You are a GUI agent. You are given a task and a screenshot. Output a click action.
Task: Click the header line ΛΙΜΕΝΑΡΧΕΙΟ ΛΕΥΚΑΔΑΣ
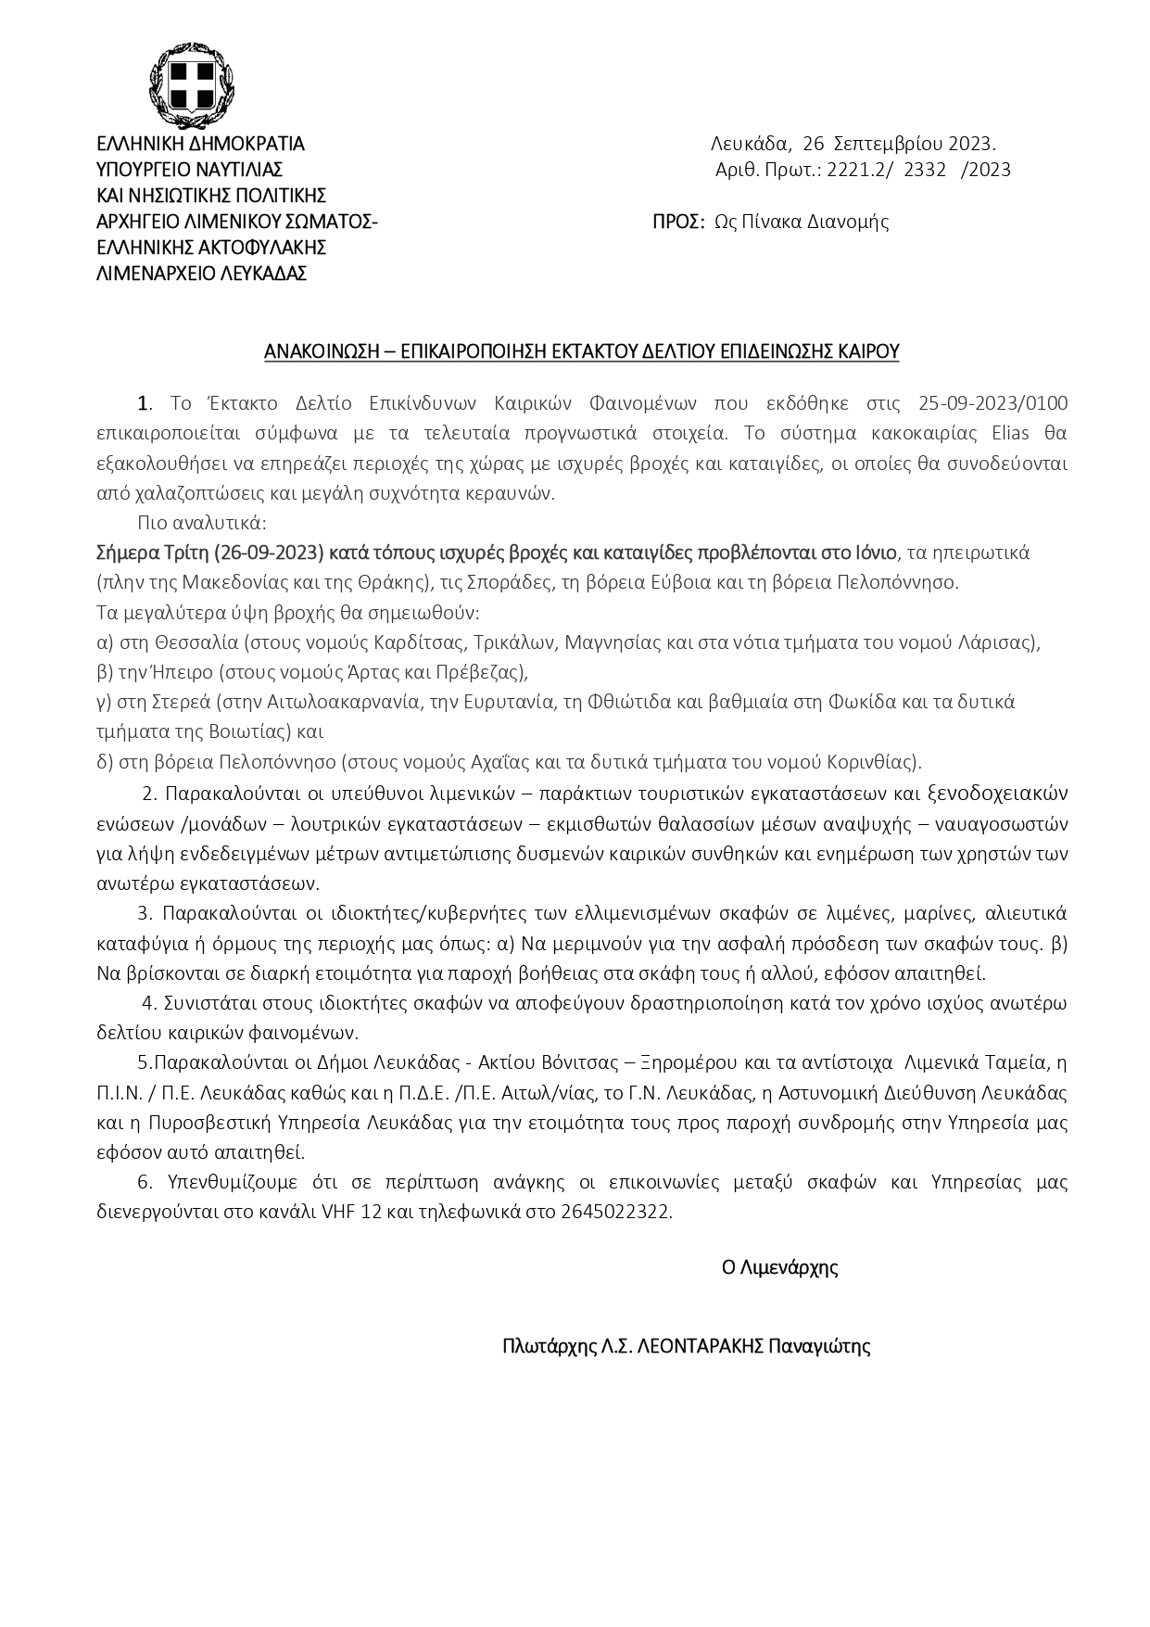point(202,273)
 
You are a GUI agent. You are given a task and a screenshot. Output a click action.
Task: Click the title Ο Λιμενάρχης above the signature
point(779,1267)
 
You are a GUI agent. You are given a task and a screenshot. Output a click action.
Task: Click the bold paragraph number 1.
point(144,402)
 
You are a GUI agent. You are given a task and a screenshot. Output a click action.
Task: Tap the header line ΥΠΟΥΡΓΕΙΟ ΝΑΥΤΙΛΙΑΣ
point(190,170)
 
